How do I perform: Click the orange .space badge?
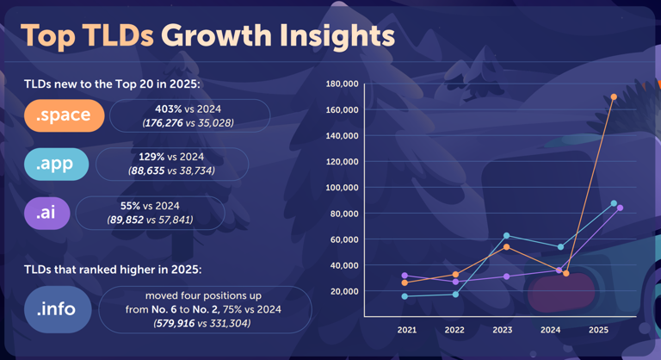click(65, 115)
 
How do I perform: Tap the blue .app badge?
click(56, 164)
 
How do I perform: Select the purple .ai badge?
click(46, 213)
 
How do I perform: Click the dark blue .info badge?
click(57, 308)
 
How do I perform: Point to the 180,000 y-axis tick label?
click(342, 84)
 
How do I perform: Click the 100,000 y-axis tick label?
click(342, 188)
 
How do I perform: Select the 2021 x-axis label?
click(406, 330)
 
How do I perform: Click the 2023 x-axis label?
click(503, 330)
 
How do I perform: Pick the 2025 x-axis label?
click(598, 330)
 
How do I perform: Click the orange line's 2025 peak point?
click(614, 96)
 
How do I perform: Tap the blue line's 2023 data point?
click(506, 235)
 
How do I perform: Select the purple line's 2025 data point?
click(620, 208)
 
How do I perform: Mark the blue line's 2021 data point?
click(405, 296)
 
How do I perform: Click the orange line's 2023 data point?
click(506, 247)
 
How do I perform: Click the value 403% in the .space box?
click(169, 109)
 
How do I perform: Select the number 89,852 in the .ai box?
click(122, 220)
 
